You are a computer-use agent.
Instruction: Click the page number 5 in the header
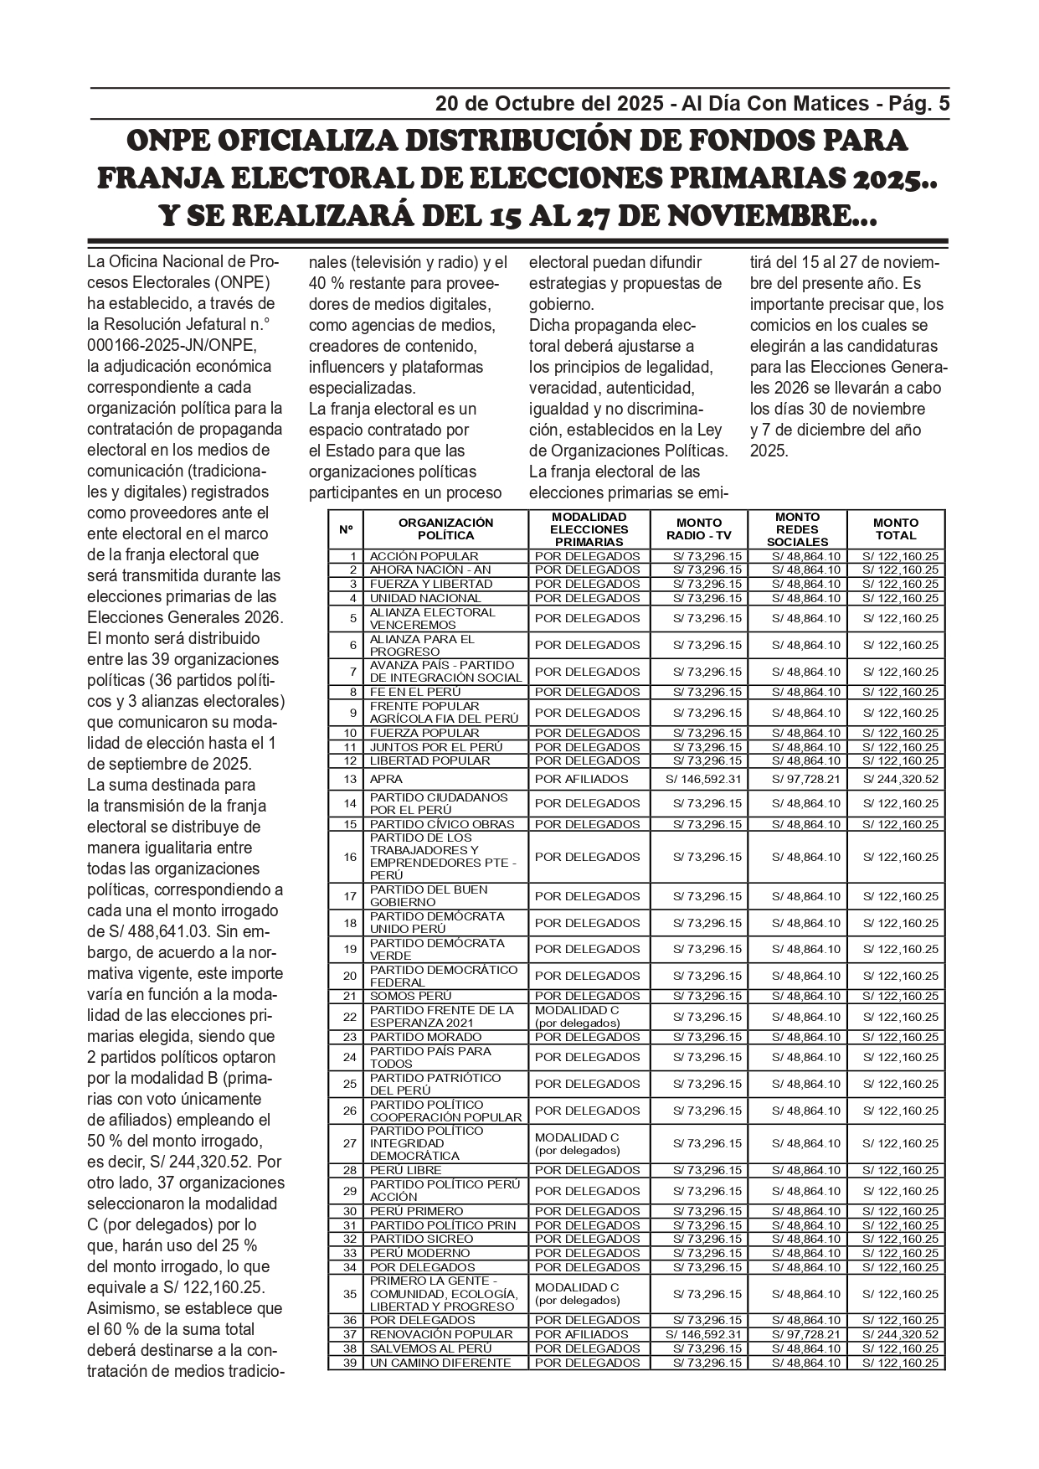944,104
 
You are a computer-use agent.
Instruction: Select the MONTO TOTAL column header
895,528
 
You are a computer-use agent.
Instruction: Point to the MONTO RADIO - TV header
698,528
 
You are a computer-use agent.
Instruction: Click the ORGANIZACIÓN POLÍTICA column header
445,528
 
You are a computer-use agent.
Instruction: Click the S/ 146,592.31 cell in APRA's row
703,779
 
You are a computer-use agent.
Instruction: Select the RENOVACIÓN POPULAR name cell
441,1334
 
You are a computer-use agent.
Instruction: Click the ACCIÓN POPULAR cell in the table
424,556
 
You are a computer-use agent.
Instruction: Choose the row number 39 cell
350,1363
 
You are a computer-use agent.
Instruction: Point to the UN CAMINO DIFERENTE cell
440,1363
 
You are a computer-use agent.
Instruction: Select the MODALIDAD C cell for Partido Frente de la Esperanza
577,1017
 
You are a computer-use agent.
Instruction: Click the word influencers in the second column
347,367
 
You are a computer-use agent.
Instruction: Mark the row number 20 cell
350,976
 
